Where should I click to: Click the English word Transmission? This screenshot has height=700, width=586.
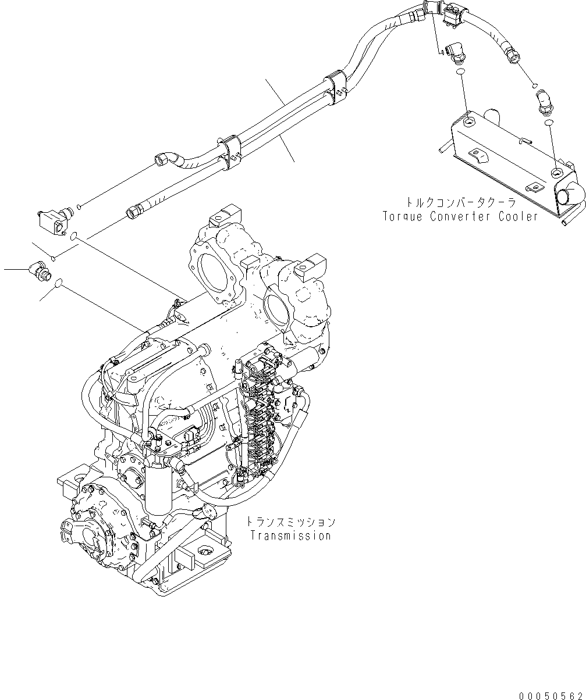click(x=290, y=536)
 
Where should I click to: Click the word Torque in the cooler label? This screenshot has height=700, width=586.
click(x=404, y=216)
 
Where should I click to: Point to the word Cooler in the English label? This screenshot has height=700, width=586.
click(x=519, y=216)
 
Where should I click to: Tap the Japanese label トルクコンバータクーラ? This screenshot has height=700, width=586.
click(x=460, y=203)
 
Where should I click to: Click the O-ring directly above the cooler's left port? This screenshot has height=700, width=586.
click(x=460, y=72)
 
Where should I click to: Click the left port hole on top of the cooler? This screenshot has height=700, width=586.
click(x=469, y=122)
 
